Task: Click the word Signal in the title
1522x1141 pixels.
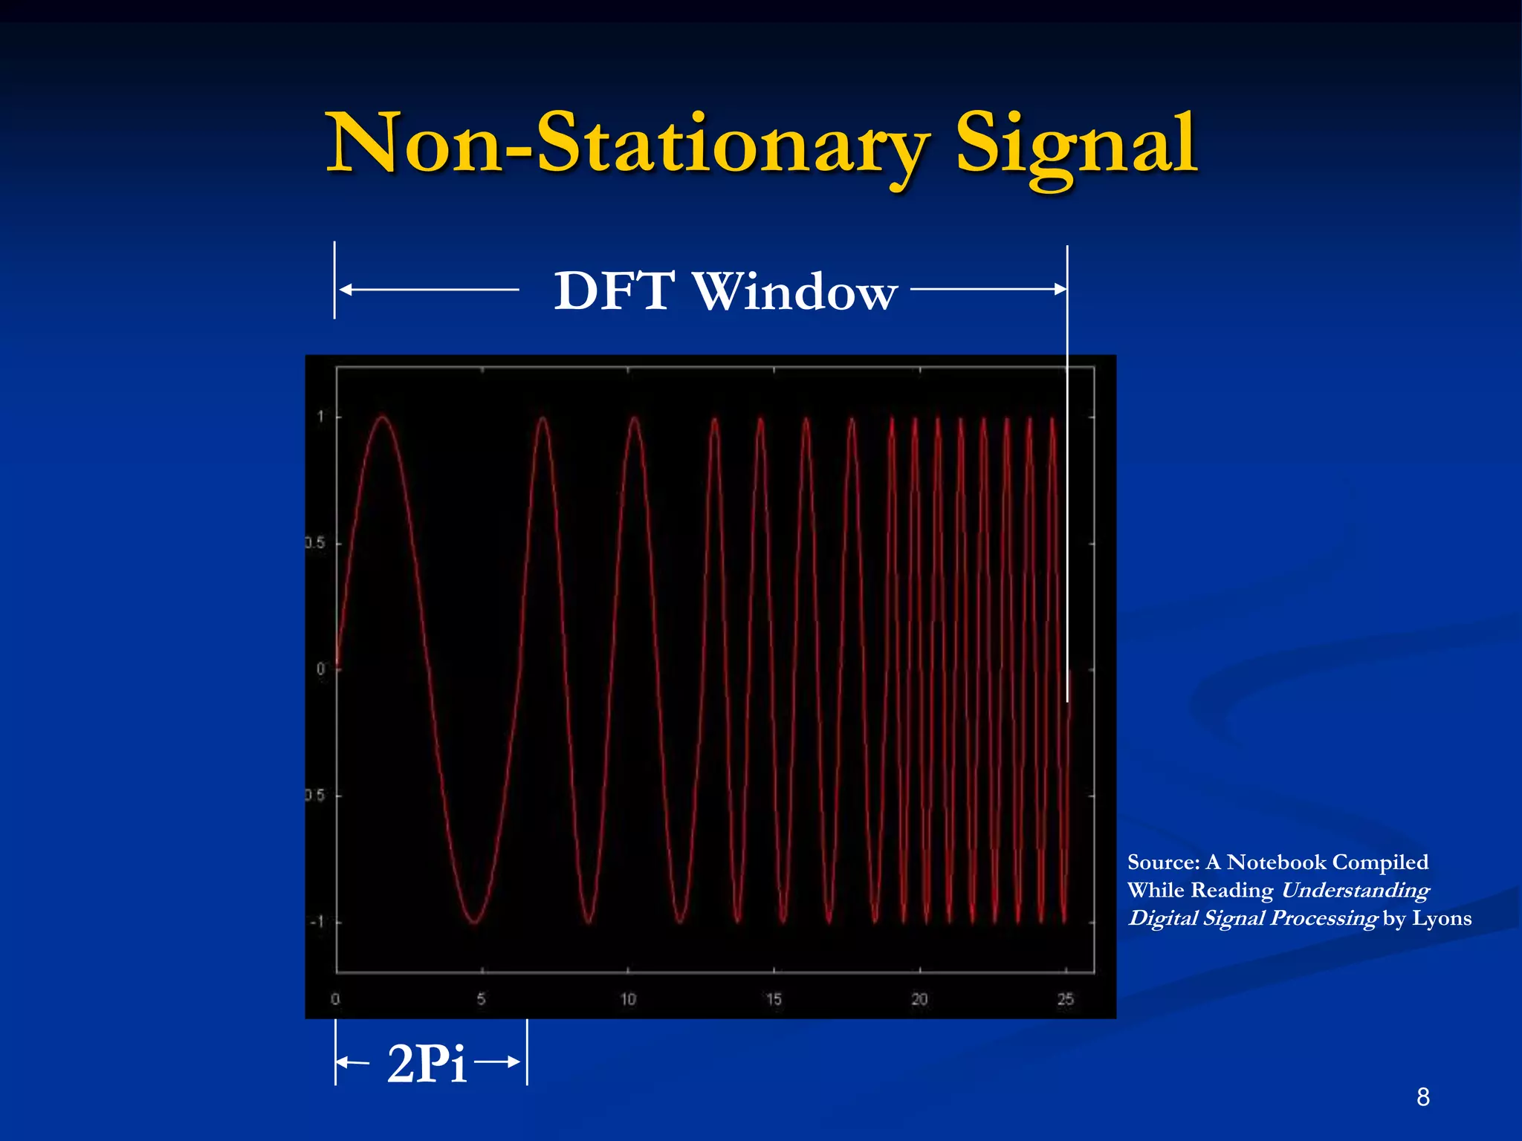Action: [1076, 143]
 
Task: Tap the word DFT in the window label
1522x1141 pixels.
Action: [615, 290]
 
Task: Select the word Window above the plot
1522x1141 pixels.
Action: [795, 290]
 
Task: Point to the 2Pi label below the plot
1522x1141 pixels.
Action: [427, 1063]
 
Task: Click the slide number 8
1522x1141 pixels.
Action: [1422, 1096]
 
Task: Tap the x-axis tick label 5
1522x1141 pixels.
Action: [482, 999]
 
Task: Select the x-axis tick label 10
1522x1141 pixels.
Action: [628, 999]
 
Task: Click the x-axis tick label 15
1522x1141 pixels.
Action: [774, 999]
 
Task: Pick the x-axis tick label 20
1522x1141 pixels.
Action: [919, 999]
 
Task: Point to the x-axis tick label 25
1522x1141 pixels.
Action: [1065, 999]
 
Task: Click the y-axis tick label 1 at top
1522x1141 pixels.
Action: [321, 417]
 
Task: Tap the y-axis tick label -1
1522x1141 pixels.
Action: [317, 922]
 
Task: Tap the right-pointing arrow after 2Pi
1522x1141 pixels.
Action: [513, 1062]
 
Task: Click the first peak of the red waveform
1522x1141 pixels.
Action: [382, 417]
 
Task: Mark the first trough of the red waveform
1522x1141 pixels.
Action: [474, 922]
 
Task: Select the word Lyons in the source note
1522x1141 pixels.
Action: [1441, 918]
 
